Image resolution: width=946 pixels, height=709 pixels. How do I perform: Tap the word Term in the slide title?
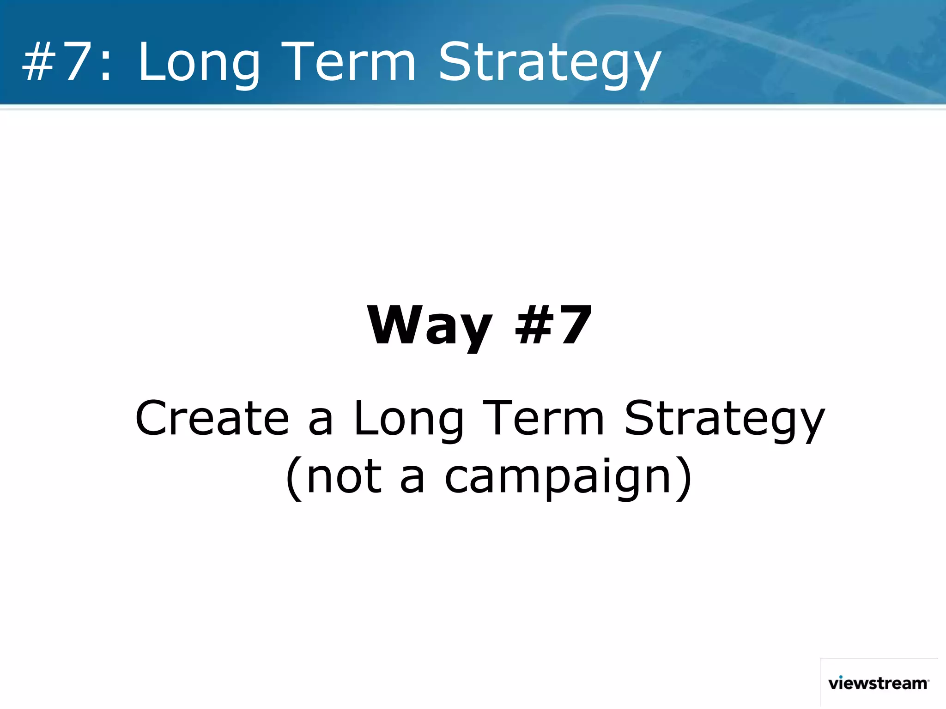[x=349, y=62]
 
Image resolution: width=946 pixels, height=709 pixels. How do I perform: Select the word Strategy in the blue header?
[x=549, y=65]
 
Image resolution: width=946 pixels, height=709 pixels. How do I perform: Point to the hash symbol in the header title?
[x=39, y=62]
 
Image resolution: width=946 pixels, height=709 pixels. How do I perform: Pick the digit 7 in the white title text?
[x=76, y=62]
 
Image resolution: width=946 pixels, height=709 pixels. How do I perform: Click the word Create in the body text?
[x=212, y=418]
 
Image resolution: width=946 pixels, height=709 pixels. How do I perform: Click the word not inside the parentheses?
[x=344, y=477]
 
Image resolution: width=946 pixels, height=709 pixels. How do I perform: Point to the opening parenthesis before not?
[x=294, y=478]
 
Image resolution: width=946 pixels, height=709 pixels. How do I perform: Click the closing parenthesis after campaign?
[x=684, y=478]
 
